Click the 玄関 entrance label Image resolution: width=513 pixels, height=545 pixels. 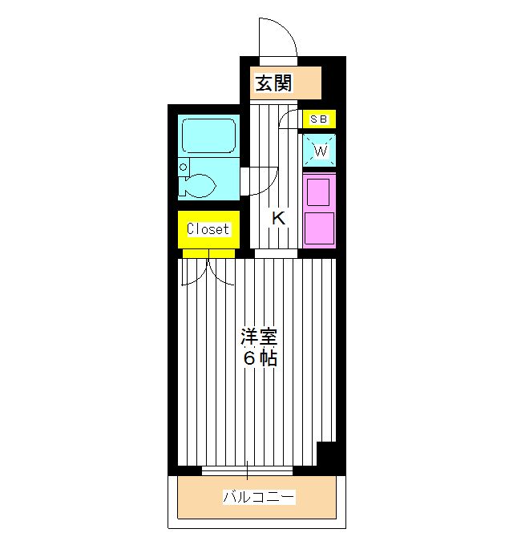(x=273, y=83)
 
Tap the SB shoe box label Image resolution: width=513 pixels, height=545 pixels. (x=318, y=119)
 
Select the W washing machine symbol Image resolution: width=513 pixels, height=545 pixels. (x=320, y=151)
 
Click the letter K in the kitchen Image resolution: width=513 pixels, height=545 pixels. (x=277, y=218)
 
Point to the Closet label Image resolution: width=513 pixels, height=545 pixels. (x=208, y=229)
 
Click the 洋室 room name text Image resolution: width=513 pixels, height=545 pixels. (x=260, y=337)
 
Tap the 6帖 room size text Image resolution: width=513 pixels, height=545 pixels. (x=260, y=359)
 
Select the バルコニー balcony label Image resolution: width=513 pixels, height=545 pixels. (x=258, y=498)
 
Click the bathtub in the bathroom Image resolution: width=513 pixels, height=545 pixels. (x=208, y=136)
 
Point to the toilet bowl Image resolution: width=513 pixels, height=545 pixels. (x=200, y=187)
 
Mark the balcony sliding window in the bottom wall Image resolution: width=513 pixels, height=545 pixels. (x=247, y=470)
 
